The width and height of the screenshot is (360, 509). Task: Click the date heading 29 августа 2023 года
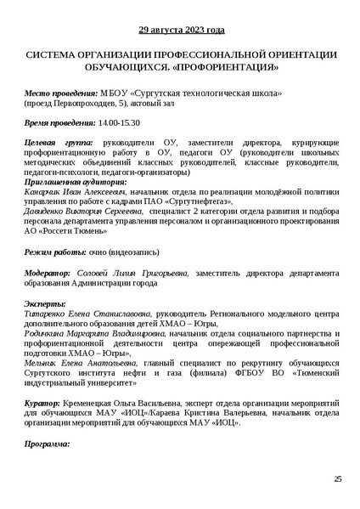pos(181,30)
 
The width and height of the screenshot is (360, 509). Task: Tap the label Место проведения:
pos(60,92)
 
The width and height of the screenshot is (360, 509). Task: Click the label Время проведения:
pos(59,122)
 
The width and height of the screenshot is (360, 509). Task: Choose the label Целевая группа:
pos(57,144)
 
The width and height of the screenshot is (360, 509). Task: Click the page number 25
pos(337,479)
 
